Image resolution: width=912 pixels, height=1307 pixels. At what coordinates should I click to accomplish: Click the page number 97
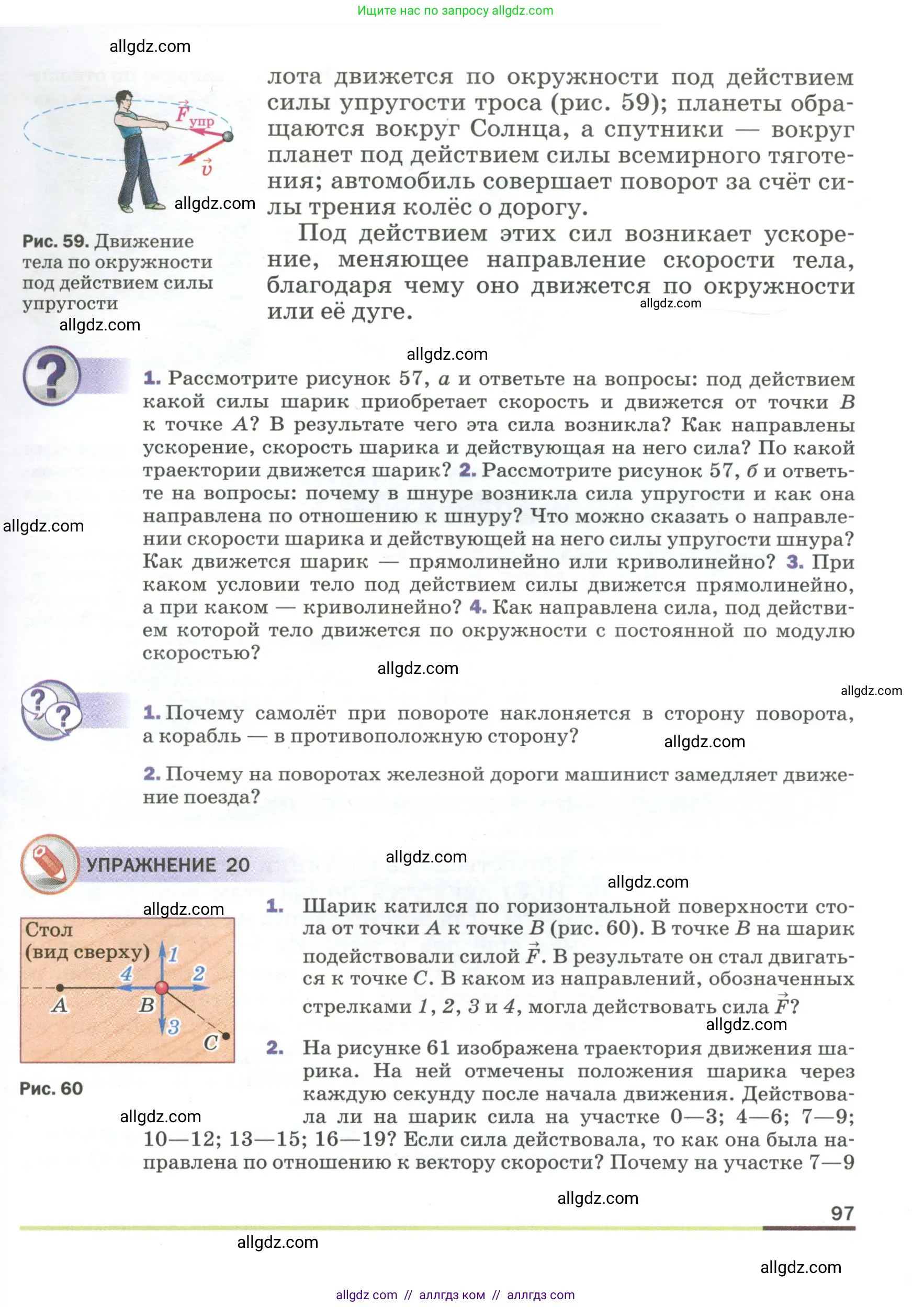tap(842, 1213)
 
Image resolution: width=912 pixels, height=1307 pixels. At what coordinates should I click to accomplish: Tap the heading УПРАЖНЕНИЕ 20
tap(168, 865)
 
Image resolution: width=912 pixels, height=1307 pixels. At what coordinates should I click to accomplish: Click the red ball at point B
tap(162, 987)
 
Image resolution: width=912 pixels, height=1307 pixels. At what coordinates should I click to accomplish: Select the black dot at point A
tap(60, 987)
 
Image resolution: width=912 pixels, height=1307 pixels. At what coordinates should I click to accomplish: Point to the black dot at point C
tap(226, 1035)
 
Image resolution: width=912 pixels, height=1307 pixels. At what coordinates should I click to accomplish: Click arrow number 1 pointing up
tap(162, 956)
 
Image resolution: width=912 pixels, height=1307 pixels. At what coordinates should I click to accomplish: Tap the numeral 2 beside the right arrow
tap(198, 973)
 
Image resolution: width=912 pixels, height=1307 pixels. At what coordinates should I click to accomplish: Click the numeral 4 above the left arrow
tap(126, 973)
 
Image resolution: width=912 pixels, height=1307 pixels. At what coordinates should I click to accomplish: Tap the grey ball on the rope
tap(228, 136)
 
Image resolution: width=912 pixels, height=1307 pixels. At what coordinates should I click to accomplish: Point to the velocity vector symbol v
tap(206, 168)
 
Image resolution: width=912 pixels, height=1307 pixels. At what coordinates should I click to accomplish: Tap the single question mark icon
tap(51, 375)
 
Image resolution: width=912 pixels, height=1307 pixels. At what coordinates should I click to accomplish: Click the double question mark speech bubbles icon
tap(51, 710)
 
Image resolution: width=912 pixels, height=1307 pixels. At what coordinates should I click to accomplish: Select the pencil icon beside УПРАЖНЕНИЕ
tap(50, 863)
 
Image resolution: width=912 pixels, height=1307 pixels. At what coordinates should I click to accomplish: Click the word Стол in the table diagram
tap(49, 929)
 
